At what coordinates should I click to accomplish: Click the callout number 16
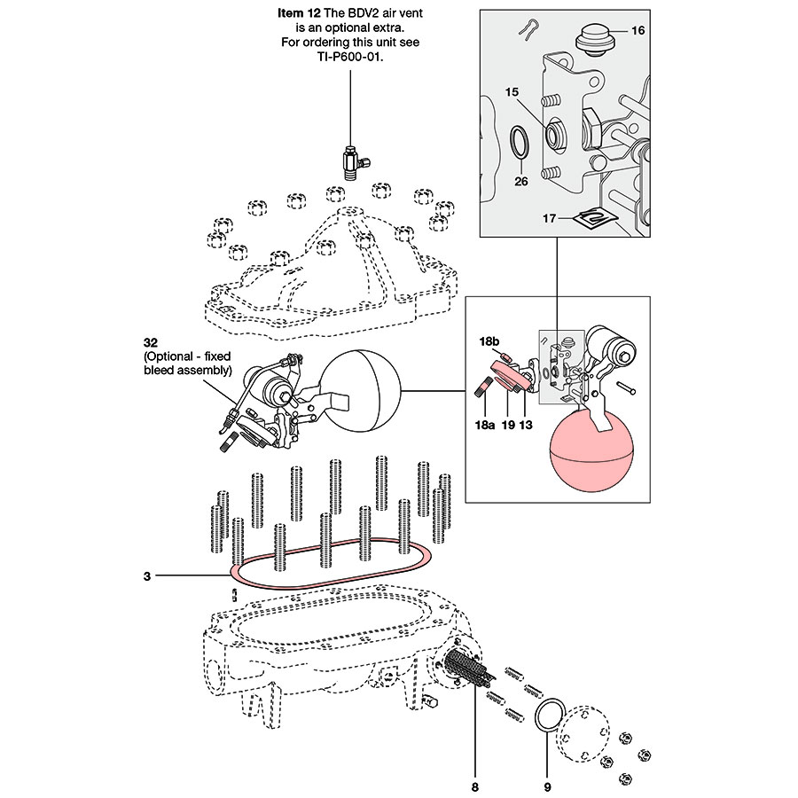638,30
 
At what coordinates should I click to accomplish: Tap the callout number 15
512,92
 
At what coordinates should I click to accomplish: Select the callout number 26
521,181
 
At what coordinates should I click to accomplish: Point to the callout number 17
549,218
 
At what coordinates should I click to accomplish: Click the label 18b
489,341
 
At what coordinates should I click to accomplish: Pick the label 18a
484,425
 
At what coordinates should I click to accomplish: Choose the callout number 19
508,425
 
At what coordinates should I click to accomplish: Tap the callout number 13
526,425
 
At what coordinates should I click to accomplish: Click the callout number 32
151,342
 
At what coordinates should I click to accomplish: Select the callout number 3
147,576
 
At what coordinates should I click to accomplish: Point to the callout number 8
475,787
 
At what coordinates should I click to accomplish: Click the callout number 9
548,787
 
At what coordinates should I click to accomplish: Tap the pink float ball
592,452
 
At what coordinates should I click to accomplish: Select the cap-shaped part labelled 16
594,40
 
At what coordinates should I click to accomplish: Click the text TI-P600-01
350,57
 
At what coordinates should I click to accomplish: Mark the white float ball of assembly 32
363,390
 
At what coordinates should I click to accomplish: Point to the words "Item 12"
299,12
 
